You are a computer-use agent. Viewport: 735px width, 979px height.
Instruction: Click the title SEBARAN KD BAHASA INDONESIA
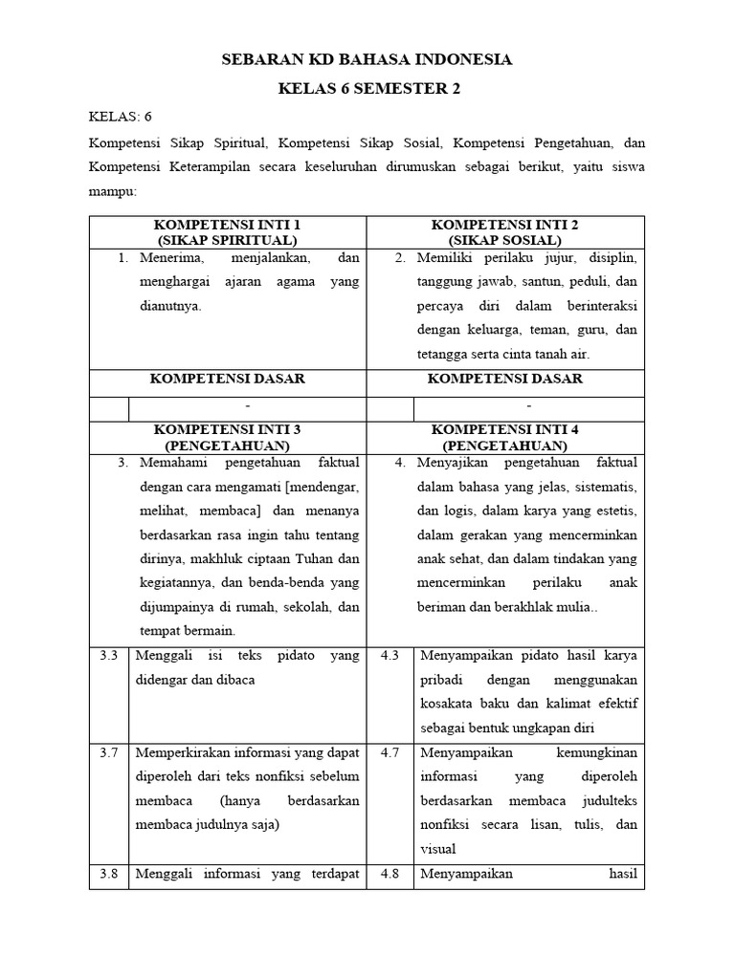pyautogui.click(x=367, y=59)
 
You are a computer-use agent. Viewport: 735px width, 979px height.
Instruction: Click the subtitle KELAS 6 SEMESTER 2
pyautogui.click(x=367, y=89)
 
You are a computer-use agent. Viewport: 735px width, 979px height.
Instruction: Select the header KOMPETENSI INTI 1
pyautogui.click(x=227, y=225)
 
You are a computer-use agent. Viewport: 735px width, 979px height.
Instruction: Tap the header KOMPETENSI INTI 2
pyautogui.click(x=504, y=225)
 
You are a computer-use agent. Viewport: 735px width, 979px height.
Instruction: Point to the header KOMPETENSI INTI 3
pyautogui.click(x=227, y=429)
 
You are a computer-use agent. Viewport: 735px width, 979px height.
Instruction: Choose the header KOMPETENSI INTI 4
pyautogui.click(x=504, y=429)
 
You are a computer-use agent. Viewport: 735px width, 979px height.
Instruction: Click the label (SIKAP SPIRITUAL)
pyautogui.click(x=227, y=240)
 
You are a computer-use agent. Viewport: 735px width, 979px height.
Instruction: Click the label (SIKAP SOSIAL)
pyautogui.click(x=504, y=240)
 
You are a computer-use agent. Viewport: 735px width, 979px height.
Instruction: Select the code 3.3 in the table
pyautogui.click(x=108, y=656)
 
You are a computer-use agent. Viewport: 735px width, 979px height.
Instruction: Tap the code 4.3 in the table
pyautogui.click(x=390, y=656)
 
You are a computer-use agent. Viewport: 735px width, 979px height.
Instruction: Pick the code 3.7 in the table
pyautogui.click(x=108, y=752)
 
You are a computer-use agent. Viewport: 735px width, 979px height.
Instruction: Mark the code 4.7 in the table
pyautogui.click(x=390, y=752)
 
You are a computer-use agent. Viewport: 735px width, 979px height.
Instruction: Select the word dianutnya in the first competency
pyautogui.click(x=170, y=307)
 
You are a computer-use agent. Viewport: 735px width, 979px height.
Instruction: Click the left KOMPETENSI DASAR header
pyautogui.click(x=227, y=379)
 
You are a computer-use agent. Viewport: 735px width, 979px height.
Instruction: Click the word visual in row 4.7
pyautogui.click(x=436, y=848)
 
